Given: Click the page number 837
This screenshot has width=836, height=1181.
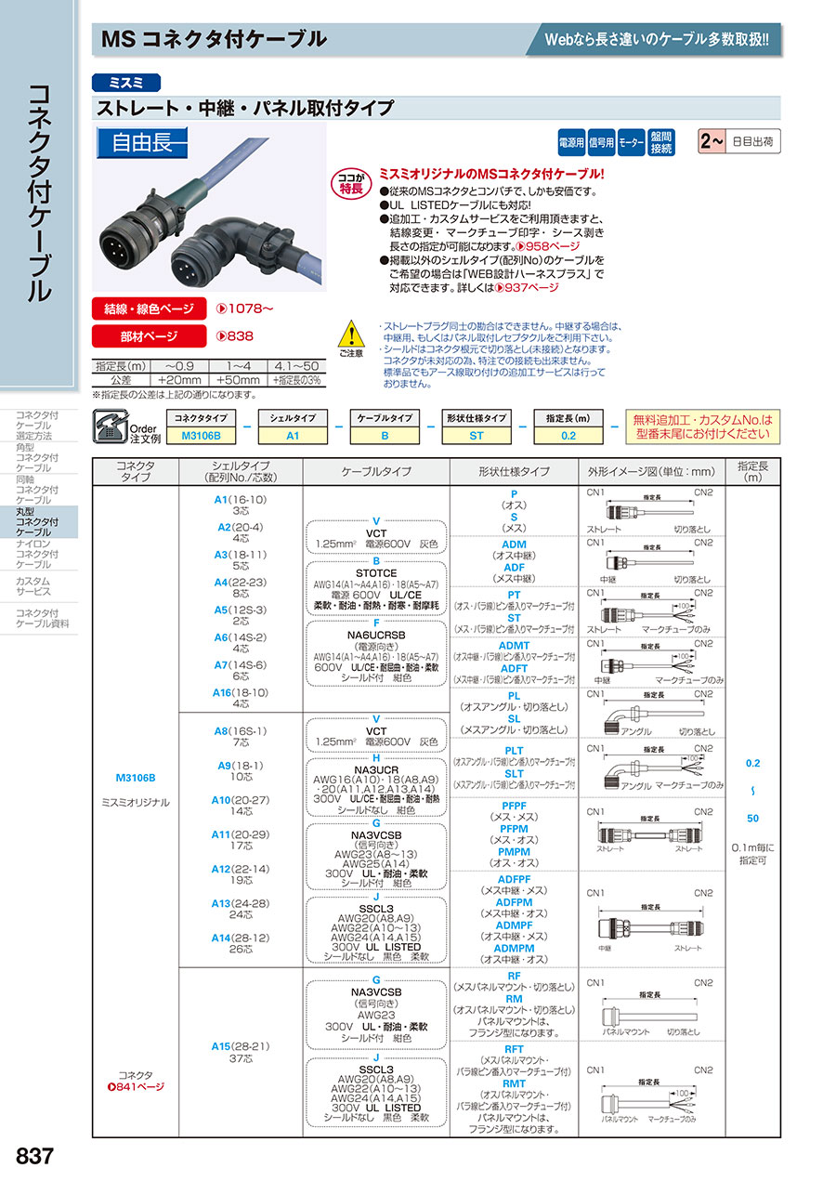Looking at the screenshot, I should (35, 1157).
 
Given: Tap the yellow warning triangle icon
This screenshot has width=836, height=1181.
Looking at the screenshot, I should (350, 334).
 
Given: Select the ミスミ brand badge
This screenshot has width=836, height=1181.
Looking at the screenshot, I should (126, 83).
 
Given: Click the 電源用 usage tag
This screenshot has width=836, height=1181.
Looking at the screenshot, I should (570, 143).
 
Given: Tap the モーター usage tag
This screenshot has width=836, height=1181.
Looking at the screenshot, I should (632, 143).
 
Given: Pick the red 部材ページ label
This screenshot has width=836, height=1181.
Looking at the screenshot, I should (148, 336).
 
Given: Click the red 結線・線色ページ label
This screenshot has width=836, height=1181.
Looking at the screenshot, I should (148, 308).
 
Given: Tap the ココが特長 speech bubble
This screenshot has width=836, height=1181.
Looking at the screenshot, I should (349, 183).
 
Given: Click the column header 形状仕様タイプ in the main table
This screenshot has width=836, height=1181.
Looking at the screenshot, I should (514, 471).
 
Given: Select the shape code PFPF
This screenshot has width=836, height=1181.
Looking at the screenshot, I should (514, 805).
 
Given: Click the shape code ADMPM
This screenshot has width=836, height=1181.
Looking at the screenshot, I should (514, 948).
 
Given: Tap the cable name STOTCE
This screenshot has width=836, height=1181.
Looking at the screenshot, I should (376, 573).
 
